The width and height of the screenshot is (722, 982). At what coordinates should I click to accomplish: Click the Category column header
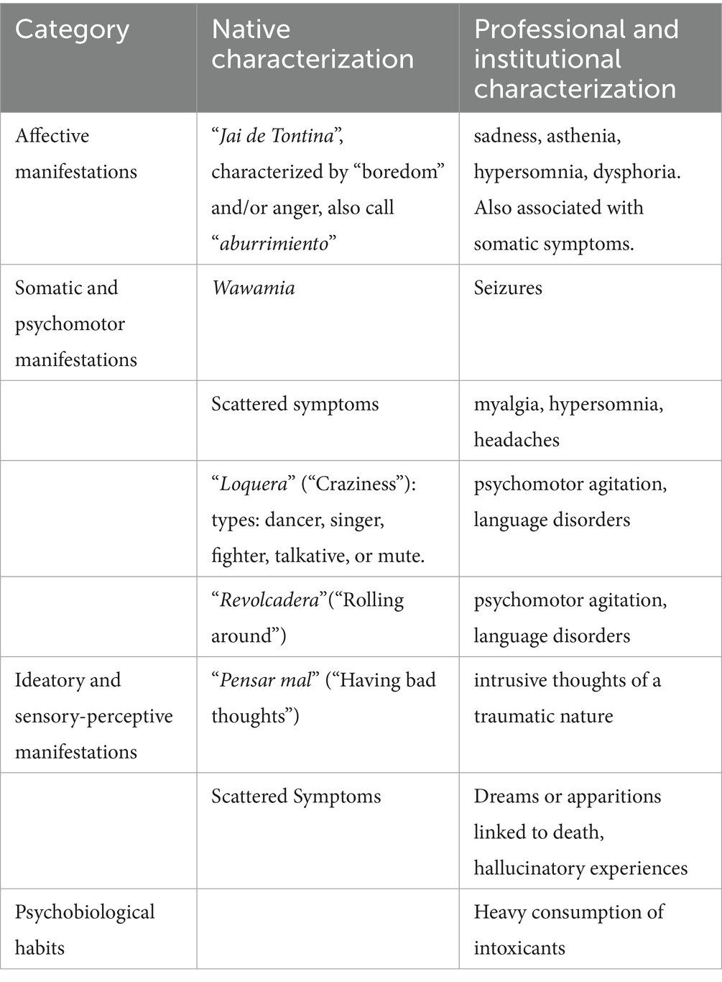(72, 29)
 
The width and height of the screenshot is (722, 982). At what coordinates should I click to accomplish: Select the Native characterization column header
(313, 44)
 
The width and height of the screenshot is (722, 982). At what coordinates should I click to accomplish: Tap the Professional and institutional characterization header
(575, 59)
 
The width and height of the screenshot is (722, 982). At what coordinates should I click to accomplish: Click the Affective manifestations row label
(75, 153)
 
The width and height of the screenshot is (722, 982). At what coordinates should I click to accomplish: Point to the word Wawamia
(253, 288)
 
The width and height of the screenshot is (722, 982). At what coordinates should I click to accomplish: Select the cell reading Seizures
(508, 288)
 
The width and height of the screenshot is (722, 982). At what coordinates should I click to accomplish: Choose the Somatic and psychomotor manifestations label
(75, 323)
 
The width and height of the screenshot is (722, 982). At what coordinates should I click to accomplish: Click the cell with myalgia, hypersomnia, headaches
(568, 421)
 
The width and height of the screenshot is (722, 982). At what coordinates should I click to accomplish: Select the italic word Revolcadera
(269, 600)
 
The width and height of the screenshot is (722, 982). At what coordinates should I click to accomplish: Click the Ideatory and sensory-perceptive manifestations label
(93, 716)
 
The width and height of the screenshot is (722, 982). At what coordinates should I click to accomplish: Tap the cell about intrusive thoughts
(567, 698)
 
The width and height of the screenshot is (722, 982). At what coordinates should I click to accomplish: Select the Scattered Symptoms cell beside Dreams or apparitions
(296, 797)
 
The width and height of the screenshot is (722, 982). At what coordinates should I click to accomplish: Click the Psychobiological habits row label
(84, 930)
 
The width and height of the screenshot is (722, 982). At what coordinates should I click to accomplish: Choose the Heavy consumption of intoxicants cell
(568, 930)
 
